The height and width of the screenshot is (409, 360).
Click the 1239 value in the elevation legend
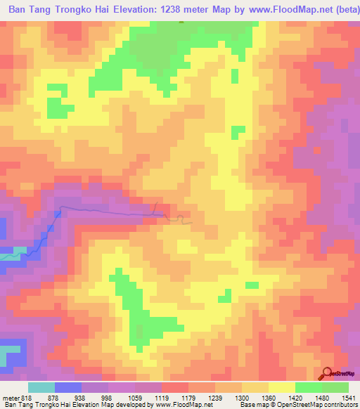pos(217,397)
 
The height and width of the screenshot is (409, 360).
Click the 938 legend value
pos(81,397)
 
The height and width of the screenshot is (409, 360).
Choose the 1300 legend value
pos(243,397)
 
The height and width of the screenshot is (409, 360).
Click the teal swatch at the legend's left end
pos(41,387)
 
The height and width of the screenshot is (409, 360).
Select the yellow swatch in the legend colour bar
pos(281,387)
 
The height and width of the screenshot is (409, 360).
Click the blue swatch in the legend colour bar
pos(67,387)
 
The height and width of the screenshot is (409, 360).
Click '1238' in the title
pos(188,11)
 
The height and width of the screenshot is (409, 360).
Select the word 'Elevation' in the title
pos(146,11)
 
